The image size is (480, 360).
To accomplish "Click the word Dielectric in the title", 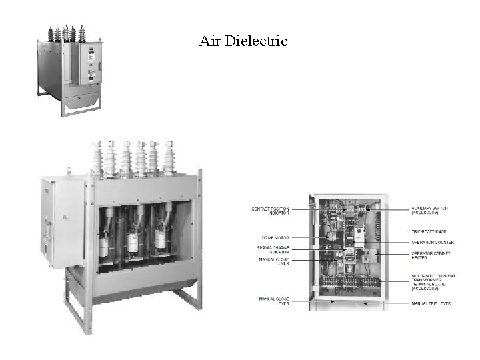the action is (257, 41).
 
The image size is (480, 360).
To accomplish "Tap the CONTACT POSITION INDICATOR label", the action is (270, 211).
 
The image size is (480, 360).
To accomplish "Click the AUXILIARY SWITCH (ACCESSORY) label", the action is (429, 211).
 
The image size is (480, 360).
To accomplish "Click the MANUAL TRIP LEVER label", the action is (431, 303).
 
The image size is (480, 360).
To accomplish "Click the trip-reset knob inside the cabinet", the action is (358, 234).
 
